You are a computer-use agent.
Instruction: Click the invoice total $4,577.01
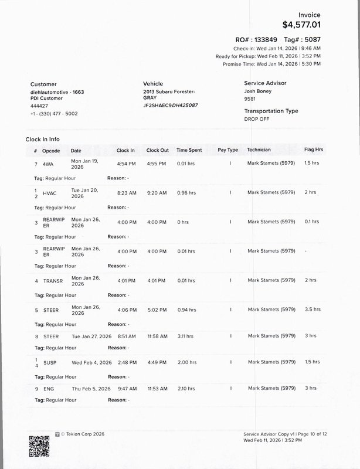coord(301,25)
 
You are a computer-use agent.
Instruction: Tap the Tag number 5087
coord(313,39)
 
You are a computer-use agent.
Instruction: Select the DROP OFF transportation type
coord(257,118)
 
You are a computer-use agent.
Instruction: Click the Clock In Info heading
coord(42,140)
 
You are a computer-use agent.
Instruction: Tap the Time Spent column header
coord(189,150)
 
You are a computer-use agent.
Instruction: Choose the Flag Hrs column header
coord(314,150)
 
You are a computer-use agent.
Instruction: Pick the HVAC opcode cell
coord(50,192)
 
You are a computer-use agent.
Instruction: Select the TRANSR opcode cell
coord(53,280)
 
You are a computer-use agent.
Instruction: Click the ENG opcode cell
coord(48,388)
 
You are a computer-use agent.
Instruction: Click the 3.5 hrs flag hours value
coord(313,309)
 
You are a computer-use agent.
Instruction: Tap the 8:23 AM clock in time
coord(126,192)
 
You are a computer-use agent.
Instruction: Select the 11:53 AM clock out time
coord(157,388)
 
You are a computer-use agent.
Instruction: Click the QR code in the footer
coord(39,446)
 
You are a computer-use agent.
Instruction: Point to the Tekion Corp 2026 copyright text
coord(80,434)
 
